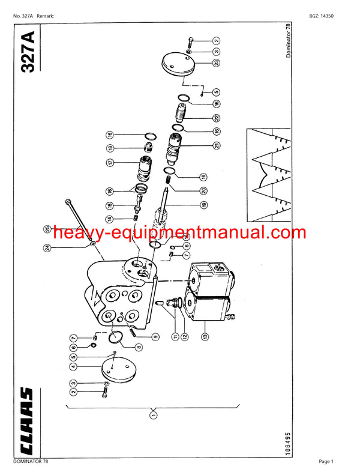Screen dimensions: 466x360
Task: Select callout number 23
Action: [215, 62]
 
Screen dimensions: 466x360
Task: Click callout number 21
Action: [215, 145]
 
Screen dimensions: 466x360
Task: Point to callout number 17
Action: [110, 162]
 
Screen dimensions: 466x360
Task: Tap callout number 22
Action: [215, 118]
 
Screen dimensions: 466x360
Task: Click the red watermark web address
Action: [170, 232]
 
